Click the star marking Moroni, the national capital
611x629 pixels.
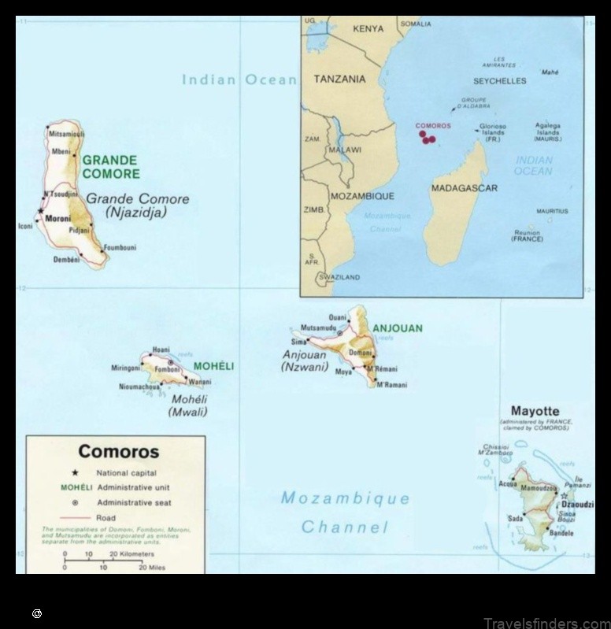pos(39,211)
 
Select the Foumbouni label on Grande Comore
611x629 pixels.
pos(120,247)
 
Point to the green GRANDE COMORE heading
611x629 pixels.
pos(110,167)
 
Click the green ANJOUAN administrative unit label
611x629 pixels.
pos(397,328)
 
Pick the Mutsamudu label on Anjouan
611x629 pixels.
pos(318,327)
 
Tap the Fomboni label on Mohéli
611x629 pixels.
pos(168,368)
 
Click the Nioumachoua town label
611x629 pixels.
pos(139,387)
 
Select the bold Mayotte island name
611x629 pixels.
pos(535,411)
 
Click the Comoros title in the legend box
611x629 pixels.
pos(118,452)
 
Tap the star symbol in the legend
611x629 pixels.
pos(75,473)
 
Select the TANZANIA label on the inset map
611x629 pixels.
pos(339,80)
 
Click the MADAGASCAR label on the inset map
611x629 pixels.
pos(464,189)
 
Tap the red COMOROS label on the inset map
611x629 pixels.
pos(433,126)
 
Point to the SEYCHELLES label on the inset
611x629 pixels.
pos(499,81)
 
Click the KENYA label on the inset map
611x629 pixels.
pos(368,29)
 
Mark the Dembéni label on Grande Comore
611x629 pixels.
pos(67,259)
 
